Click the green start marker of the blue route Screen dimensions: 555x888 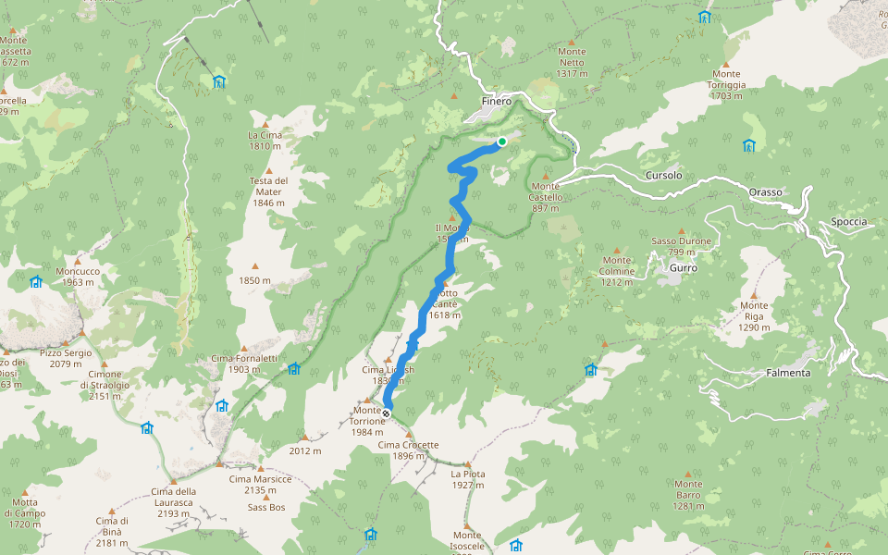point(501,142)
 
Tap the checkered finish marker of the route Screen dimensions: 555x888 point(386,413)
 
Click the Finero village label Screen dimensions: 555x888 point(496,102)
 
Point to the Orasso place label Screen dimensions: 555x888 point(765,192)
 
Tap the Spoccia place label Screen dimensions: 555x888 point(848,222)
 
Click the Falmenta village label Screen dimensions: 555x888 point(788,373)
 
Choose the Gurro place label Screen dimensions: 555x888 point(683,267)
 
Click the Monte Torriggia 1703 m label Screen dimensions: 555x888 point(726,84)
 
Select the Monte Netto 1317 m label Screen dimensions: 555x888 point(573,63)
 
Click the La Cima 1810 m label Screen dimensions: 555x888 point(265,141)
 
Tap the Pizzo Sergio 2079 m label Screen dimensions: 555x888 point(66,359)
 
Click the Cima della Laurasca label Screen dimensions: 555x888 point(174,497)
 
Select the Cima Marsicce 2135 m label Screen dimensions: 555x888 point(260,485)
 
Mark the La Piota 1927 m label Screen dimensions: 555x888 point(468,479)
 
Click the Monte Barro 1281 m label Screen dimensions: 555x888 point(688,495)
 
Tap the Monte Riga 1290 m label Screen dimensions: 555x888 point(754,316)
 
